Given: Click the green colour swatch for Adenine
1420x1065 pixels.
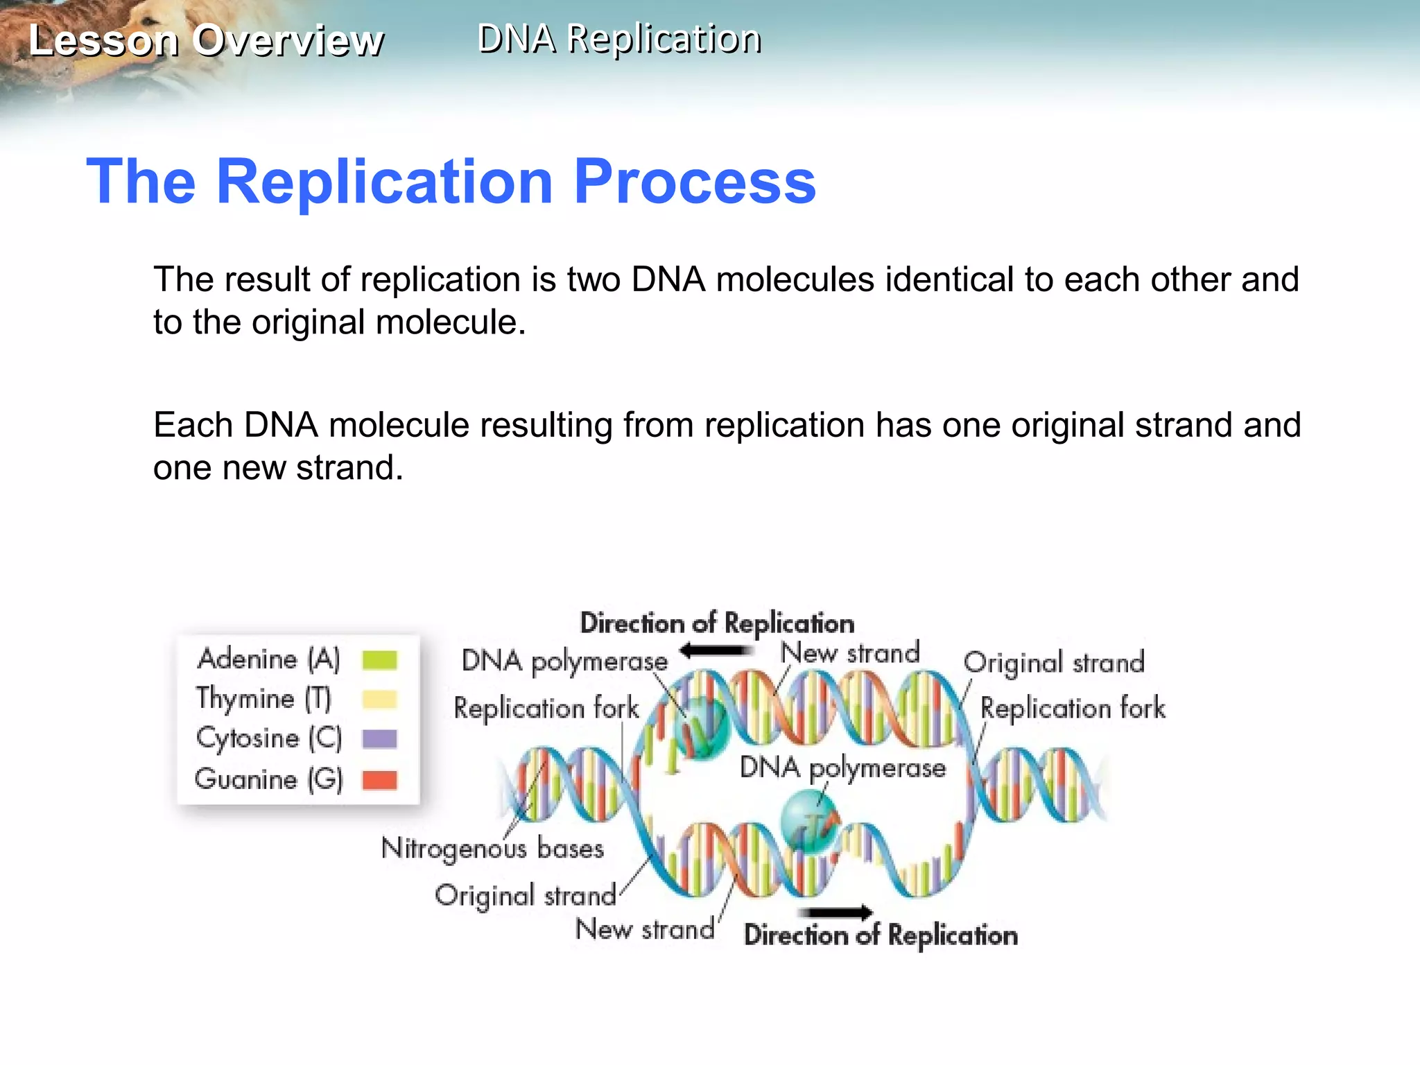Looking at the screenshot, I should [x=379, y=660].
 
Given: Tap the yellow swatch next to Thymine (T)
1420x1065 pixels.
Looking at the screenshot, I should [x=379, y=700].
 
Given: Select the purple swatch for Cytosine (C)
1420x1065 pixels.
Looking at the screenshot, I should [x=379, y=739].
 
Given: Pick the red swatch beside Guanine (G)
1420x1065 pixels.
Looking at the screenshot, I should [x=379, y=780].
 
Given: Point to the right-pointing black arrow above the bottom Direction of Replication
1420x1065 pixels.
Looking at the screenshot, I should [x=835, y=912].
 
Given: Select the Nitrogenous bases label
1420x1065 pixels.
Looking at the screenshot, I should [x=492, y=849].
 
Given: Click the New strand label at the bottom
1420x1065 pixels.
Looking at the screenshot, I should [x=645, y=929].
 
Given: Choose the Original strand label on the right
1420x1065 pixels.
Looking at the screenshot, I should [x=1053, y=663].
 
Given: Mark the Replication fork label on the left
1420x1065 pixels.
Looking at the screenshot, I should [x=546, y=709].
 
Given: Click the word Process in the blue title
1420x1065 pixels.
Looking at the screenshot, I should [x=695, y=182].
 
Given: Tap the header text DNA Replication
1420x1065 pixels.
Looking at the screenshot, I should [x=619, y=39].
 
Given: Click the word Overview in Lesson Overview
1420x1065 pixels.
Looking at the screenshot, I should [x=288, y=40].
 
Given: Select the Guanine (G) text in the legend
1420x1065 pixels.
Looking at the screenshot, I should [x=269, y=779].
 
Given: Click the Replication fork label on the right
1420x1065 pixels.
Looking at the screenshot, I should [x=1073, y=709].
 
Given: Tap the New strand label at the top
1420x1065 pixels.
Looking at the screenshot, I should [x=849, y=653].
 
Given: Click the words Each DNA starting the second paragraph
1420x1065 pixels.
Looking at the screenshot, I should [x=235, y=425].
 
